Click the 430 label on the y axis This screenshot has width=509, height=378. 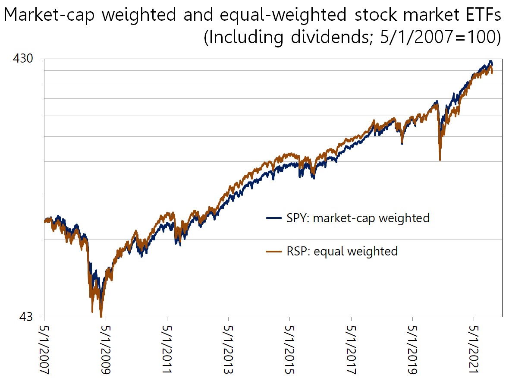click(24, 59)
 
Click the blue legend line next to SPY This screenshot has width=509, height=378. click(275, 218)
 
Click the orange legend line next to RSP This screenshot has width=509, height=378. click(275, 251)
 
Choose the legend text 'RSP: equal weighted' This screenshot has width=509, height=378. click(342, 251)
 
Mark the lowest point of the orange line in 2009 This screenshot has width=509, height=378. click(101, 315)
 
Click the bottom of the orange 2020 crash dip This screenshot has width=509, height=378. click(440, 160)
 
